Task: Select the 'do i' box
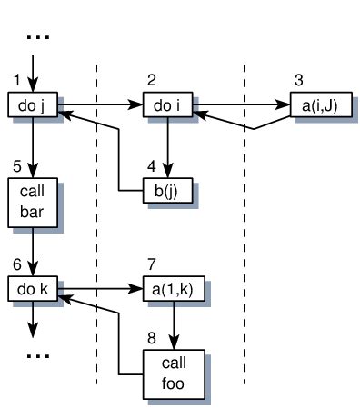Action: click(168, 106)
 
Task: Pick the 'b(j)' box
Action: click(168, 192)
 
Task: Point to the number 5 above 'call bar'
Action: click(15, 165)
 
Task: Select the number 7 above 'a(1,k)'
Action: click(151, 264)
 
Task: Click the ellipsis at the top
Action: click(37, 37)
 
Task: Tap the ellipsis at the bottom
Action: click(37, 354)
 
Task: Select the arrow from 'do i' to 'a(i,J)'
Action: click(241, 105)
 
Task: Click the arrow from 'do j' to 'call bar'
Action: click(33, 146)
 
